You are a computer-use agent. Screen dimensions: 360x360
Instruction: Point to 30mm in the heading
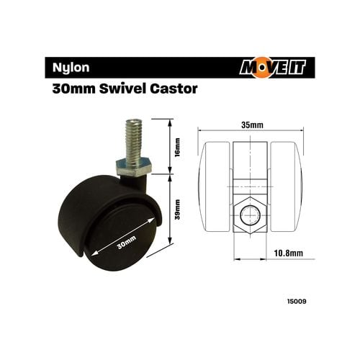(71, 91)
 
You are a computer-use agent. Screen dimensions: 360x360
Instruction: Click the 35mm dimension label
(251, 125)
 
